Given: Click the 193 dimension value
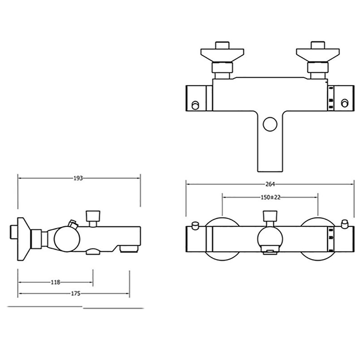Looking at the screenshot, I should click(x=78, y=178).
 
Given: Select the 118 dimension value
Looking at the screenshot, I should click(x=55, y=282).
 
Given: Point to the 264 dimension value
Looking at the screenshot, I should click(x=270, y=184).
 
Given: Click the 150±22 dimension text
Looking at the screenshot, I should click(x=270, y=197).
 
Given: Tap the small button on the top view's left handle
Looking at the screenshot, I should click(x=195, y=105).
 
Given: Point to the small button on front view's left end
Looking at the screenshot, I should click(x=195, y=225).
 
